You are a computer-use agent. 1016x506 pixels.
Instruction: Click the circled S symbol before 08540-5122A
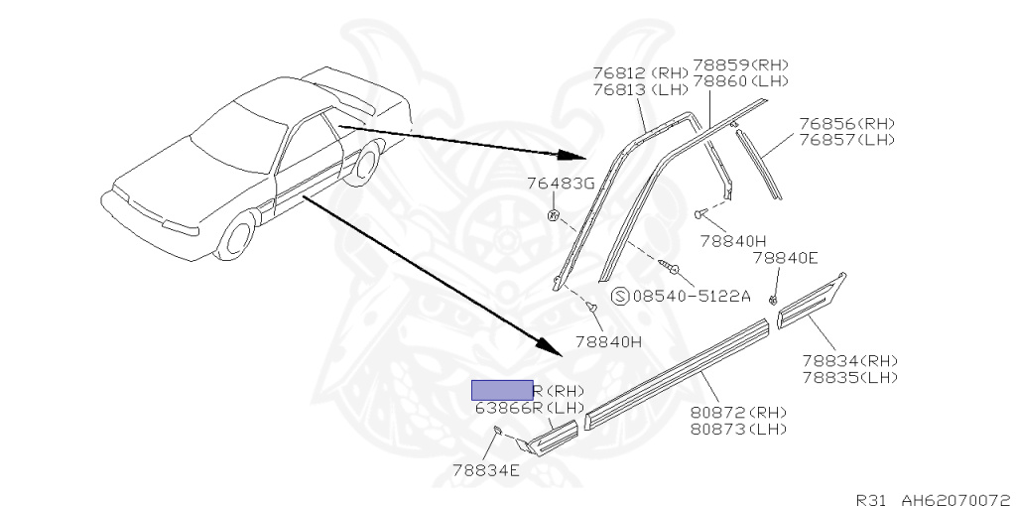[x=620, y=296]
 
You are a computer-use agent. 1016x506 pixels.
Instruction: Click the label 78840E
[x=784, y=257]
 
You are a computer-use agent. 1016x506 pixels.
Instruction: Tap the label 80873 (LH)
[x=739, y=429]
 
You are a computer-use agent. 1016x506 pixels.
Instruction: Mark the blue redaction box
[x=501, y=389]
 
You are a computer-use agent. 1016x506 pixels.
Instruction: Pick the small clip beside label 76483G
[x=554, y=214]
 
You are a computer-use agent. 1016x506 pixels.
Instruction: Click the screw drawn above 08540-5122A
[x=671, y=266]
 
